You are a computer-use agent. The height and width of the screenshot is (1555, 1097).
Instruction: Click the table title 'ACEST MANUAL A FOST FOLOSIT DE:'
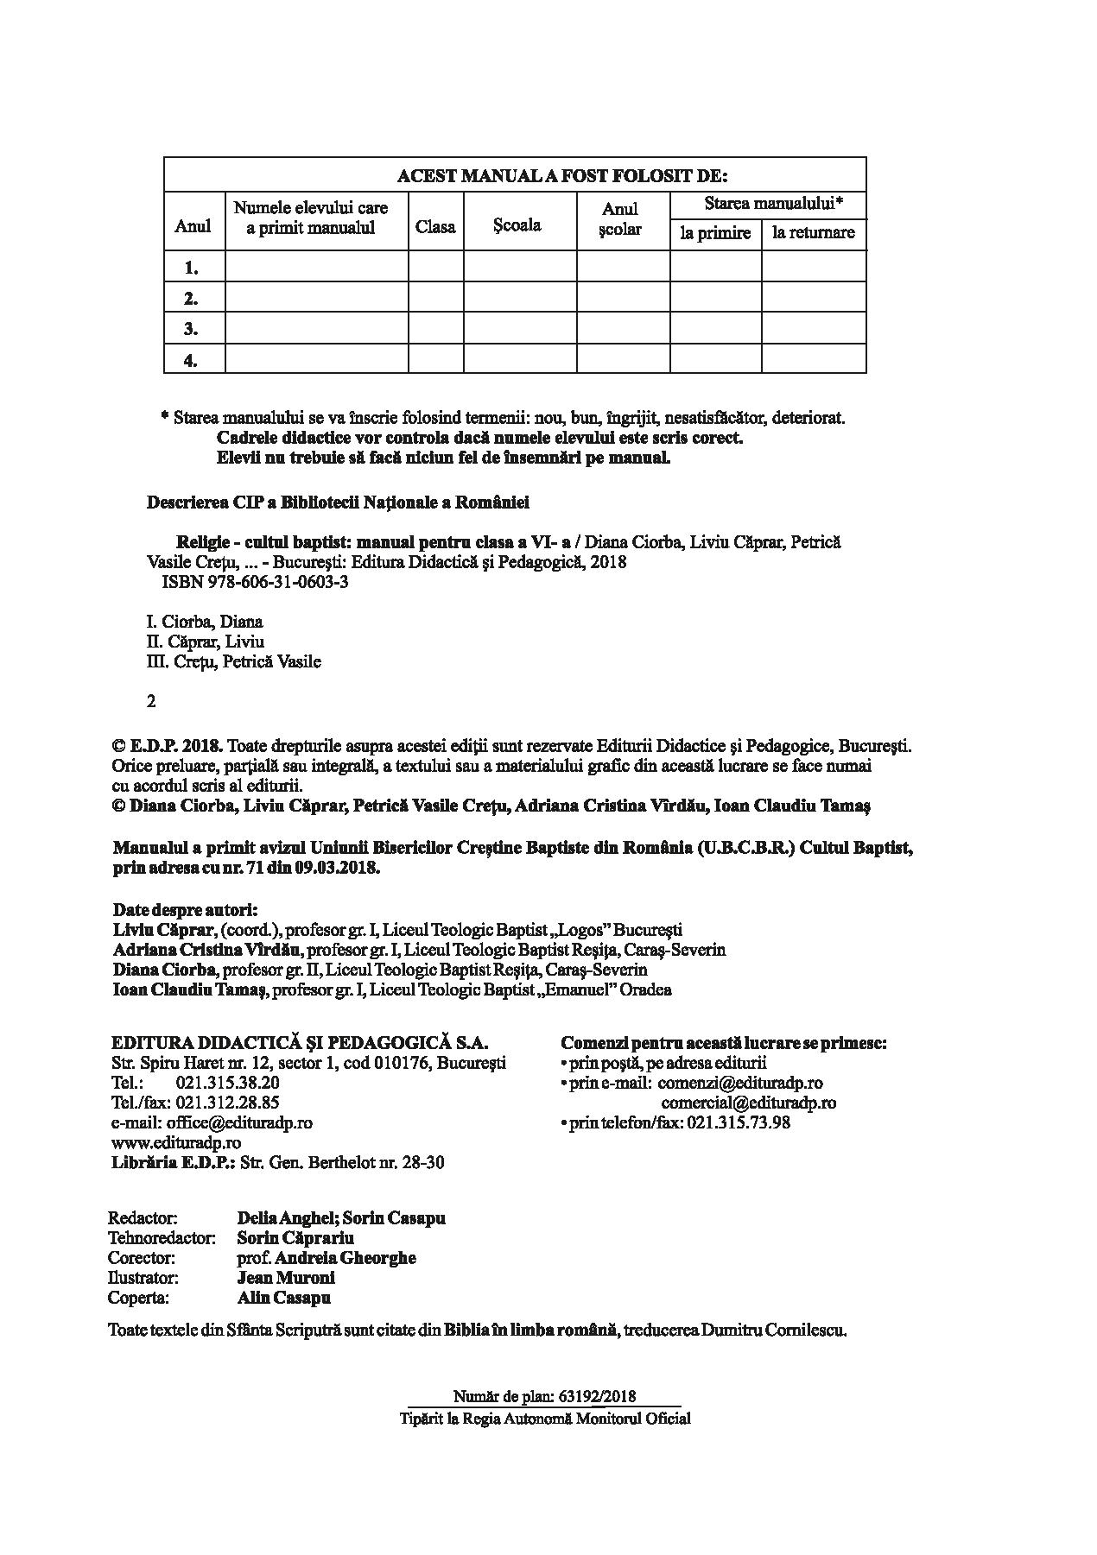(561, 176)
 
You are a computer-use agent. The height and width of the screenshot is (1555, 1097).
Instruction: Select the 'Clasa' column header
(435, 227)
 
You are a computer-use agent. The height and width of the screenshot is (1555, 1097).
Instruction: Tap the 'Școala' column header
(517, 224)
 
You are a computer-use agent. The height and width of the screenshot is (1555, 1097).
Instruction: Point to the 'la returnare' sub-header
(813, 232)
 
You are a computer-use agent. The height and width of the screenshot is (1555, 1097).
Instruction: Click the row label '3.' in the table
(191, 329)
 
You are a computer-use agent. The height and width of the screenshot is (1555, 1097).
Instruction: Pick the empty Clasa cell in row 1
(435, 267)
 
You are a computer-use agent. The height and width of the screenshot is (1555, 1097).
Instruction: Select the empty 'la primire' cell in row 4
(715, 360)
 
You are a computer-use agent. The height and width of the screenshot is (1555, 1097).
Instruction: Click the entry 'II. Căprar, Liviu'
(206, 642)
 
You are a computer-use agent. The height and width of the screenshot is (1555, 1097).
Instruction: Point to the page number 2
(152, 701)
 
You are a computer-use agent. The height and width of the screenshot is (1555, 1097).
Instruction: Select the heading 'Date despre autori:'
(186, 910)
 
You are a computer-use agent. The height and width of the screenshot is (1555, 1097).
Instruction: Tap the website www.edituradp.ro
(176, 1142)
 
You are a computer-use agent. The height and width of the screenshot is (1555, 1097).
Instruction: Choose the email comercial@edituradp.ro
(748, 1103)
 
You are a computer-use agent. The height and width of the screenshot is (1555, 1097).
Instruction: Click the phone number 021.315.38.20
(227, 1083)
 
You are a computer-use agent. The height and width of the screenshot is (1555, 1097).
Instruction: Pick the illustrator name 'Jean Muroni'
(285, 1278)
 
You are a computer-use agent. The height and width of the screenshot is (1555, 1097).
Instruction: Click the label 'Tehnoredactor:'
(162, 1238)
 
